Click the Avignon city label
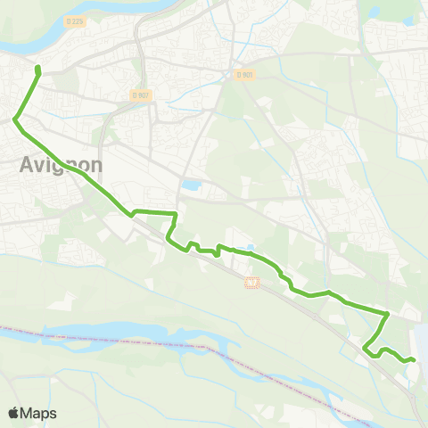click(61, 165)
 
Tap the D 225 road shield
click(74, 20)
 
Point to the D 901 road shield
click(245, 75)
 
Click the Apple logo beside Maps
click(14, 413)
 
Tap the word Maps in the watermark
click(39, 413)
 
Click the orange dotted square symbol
click(251, 283)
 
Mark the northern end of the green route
click(37, 68)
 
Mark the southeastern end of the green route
click(414, 359)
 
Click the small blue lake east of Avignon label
click(191, 186)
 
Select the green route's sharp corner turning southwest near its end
click(388, 314)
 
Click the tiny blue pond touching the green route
click(250, 249)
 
